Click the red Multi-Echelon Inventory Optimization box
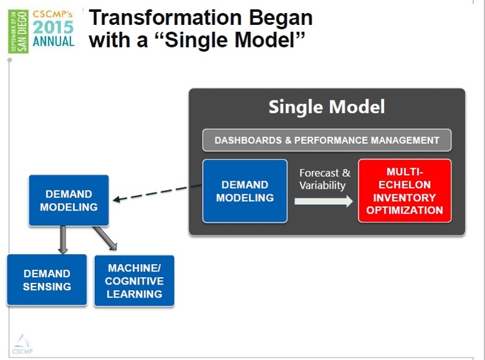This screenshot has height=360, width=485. tap(405, 191)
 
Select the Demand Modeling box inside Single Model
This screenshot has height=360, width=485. tap(245, 191)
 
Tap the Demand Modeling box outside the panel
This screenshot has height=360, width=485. tap(69, 200)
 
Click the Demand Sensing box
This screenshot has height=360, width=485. tap(47, 280)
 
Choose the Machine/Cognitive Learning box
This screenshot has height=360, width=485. tap(134, 280)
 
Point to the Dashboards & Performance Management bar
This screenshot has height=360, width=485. tap(327, 140)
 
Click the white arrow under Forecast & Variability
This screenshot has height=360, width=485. tap(323, 201)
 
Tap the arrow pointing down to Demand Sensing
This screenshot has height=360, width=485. tap(62, 239)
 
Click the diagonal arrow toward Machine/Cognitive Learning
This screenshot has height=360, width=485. tap(105, 238)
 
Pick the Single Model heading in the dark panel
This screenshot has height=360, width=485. tap(327, 107)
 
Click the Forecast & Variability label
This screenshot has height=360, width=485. tap(324, 179)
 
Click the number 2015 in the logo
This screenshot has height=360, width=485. tap(53, 27)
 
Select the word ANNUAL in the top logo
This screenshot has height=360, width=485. tap(54, 42)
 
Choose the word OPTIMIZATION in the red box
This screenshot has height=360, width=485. tap(405, 211)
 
